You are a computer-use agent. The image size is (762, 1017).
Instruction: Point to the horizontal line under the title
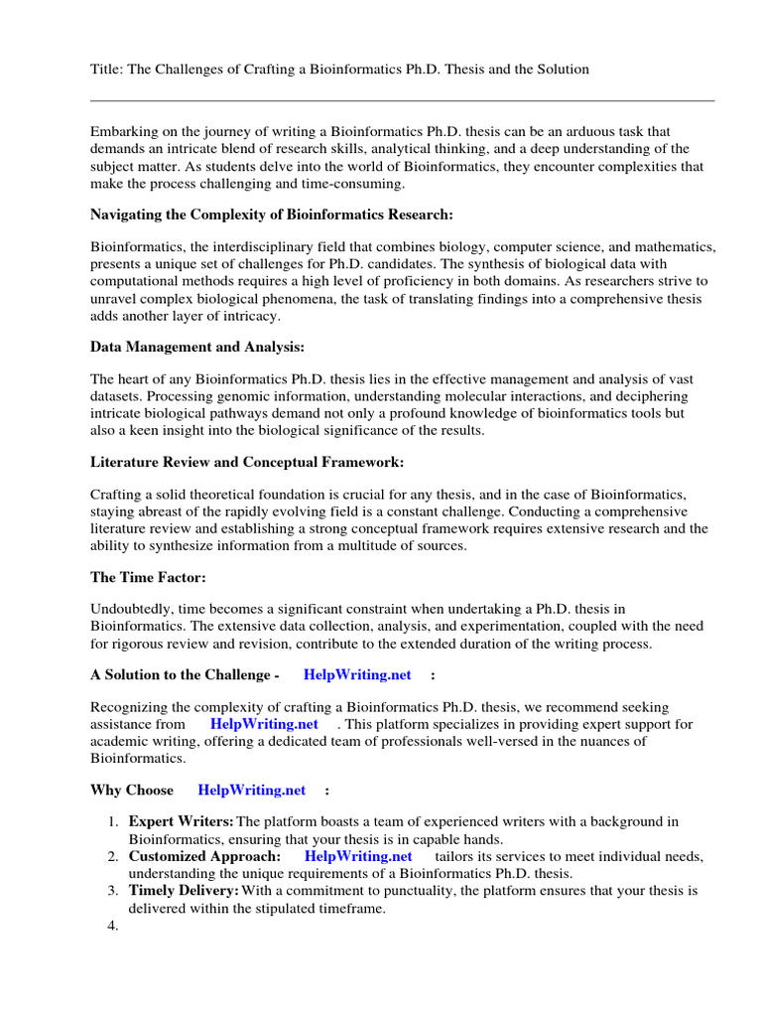(x=402, y=100)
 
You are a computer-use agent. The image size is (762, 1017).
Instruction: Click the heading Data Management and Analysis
(x=197, y=348)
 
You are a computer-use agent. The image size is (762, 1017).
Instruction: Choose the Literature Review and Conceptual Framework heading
(x=247, y=463)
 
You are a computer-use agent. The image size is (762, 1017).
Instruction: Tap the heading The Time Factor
(x=148, y=576)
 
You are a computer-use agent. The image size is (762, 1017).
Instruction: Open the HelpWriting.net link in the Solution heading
(x=357, y=675)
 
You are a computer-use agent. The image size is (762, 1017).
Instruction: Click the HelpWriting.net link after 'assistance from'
(x=264, y=724)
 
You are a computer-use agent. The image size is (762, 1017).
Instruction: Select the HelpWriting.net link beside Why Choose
(x=252, y=791)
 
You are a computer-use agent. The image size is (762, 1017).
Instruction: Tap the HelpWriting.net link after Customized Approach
(x=358, y=855)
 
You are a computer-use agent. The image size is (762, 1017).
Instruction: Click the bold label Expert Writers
(x=181, y=821)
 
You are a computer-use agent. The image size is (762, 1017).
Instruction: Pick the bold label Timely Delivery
(x=183, y=891)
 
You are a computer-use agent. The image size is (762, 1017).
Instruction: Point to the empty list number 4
(x=112, y=926)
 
